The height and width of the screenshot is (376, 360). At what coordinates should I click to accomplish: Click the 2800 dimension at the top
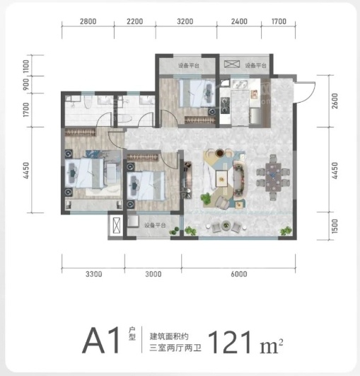coord(88,21)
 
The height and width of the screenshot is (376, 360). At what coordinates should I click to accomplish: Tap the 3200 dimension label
coord(185,21)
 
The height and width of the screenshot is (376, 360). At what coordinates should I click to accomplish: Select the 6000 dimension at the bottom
coord(239,274)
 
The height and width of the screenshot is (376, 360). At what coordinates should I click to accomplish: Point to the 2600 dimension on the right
coord(335,101)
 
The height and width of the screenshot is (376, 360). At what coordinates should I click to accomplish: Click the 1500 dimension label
coord(335,226)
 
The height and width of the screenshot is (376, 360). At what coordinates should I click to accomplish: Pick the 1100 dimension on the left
coord(26,67)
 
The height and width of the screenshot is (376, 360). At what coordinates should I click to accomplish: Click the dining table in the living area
coord(273,177)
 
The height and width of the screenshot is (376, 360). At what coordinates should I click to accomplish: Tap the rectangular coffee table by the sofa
coord(222,178)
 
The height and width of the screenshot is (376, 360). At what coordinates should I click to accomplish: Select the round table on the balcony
coord(226,225)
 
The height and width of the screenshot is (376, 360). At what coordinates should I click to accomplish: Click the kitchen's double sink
coord(238,84)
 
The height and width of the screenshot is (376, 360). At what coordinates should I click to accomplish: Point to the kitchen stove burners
coord(225,105)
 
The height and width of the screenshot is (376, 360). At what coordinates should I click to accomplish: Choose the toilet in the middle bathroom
coord(124,119)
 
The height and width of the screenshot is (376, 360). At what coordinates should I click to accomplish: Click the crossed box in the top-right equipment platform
coord(231,64)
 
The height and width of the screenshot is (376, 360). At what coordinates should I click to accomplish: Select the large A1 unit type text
coord(101,341)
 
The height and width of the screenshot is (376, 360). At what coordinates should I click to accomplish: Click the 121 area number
coord(230,342)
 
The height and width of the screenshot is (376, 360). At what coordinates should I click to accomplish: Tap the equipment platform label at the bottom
coord(155,225)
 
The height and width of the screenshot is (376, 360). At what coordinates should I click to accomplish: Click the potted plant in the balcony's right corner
coord(286,231)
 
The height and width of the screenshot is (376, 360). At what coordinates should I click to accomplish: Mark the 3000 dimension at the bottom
coord(153,274)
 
